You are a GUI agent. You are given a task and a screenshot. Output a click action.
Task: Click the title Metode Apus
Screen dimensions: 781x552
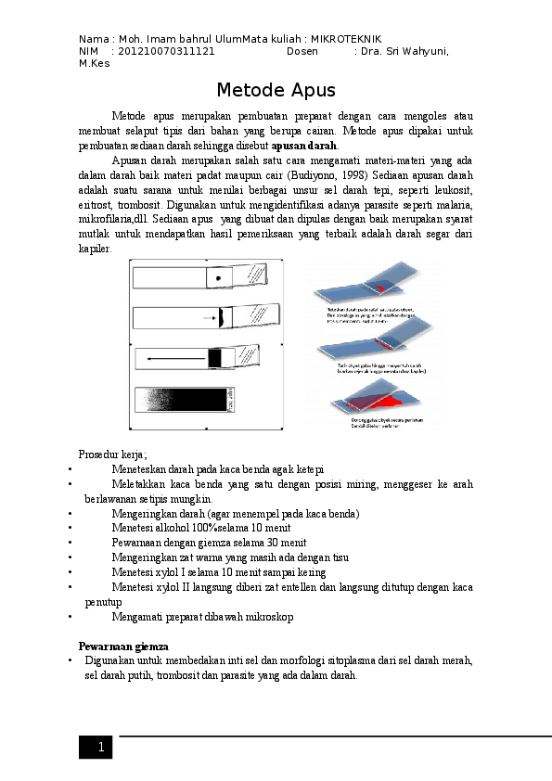tap(276, 91)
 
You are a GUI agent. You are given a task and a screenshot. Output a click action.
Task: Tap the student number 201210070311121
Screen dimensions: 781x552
tap(167, 52)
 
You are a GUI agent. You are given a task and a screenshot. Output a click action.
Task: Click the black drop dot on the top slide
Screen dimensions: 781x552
tap(218, 277)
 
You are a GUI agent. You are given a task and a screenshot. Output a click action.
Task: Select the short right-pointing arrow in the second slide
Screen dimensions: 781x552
tap(208, 318)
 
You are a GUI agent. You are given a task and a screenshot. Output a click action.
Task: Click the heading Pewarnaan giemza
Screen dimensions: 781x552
tap(123, 645)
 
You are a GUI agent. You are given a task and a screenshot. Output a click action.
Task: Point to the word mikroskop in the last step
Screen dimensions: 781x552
tap(268, 617)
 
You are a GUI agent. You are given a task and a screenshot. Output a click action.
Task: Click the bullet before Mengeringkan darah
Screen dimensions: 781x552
tap(71, 514)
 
